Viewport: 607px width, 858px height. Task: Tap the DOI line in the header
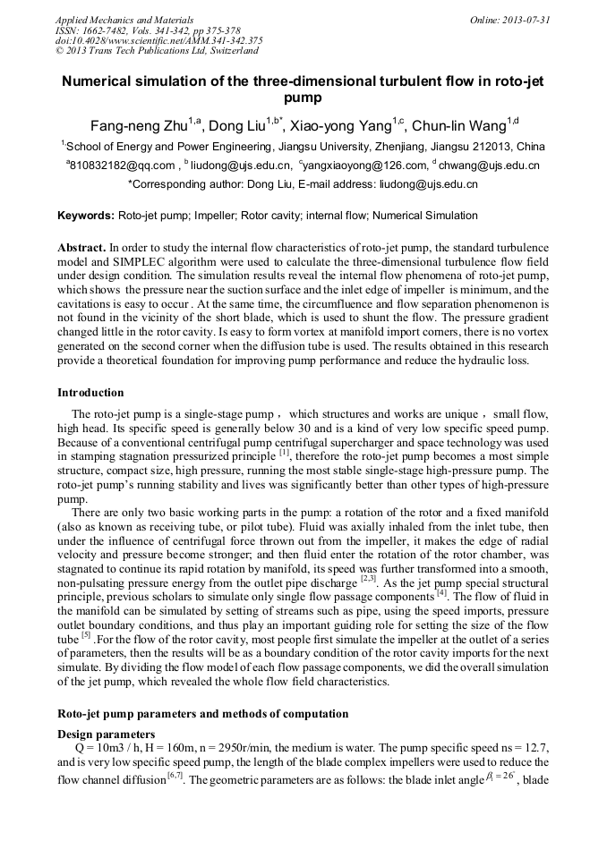pyautogui.click(x=158, y=40)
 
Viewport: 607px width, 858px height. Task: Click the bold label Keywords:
pyautogui.click(x=86, y=216)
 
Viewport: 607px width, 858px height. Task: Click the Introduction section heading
pyautogui.click(x=90, y=393)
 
